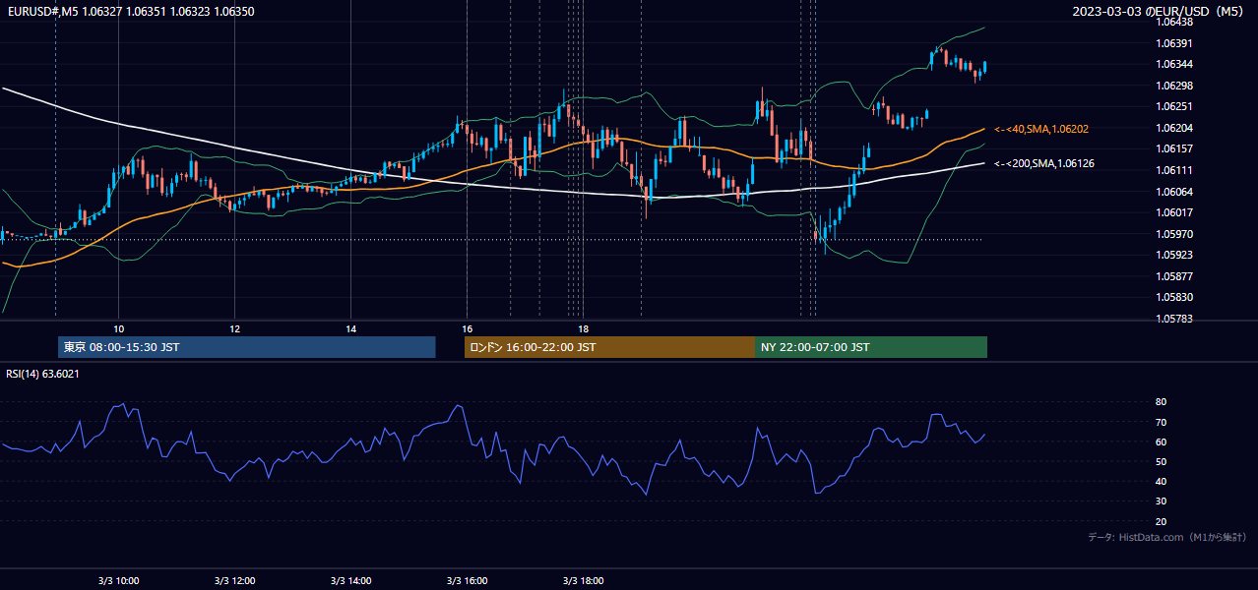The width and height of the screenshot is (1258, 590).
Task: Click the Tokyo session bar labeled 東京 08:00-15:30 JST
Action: tap(246, 347)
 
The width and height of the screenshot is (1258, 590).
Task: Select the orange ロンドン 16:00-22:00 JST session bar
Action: tap(609, 347)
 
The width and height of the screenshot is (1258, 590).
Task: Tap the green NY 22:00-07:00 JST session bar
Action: tap(871, 347)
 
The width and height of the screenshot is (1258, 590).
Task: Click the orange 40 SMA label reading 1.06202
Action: tap(1041, 129)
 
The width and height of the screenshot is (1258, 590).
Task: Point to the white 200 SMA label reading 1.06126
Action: tap(1044, 164)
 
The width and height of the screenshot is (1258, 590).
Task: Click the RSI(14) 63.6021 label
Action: tap(42, 374)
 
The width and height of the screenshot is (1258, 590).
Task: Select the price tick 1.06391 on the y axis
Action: tap(1174, 43)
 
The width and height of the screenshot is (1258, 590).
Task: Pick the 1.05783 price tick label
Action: tap(1174, 319)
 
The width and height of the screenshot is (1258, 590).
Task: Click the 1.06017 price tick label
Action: tap(1174, 212)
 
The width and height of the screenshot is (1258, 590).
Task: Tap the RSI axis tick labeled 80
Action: tap(1161, 401)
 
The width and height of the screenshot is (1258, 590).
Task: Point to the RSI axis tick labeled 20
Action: tap(1161, 521)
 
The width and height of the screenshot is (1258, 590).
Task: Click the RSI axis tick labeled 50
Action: tap(1161, 461)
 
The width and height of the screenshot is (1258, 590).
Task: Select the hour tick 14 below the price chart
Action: tap(351, 329)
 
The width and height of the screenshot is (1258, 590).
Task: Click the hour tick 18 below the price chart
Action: tap(583, 329)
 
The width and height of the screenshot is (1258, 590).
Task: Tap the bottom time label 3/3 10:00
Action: tap(118, 581)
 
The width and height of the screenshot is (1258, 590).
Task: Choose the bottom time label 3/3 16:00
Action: tap(468, 581)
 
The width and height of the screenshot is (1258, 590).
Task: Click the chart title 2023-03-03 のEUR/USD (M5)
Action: tap(1158, 11)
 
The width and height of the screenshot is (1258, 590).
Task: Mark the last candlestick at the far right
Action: tap(985, 67)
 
